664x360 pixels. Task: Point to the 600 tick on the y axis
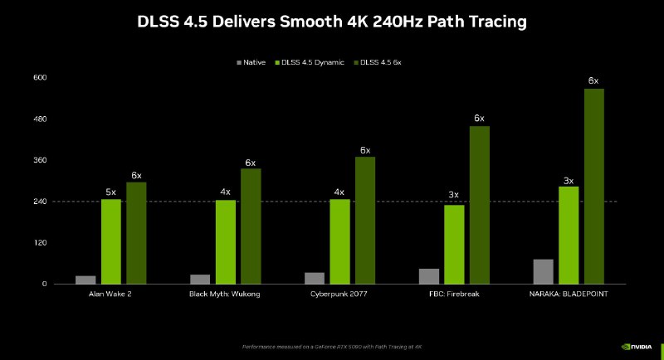(39, 78)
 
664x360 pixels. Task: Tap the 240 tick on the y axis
(39, 202)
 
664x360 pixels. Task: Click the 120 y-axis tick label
(39, 243)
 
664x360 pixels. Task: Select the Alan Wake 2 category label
(111, 294)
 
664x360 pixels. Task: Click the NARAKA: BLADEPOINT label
(568, 294)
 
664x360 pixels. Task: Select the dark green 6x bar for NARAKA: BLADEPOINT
(593, 186)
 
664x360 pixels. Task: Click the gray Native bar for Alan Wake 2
(85, 280)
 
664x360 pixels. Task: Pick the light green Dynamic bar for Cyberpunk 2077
(339, 241)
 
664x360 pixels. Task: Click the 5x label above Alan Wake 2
(111, 192)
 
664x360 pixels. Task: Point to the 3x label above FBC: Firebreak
(454, 196)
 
